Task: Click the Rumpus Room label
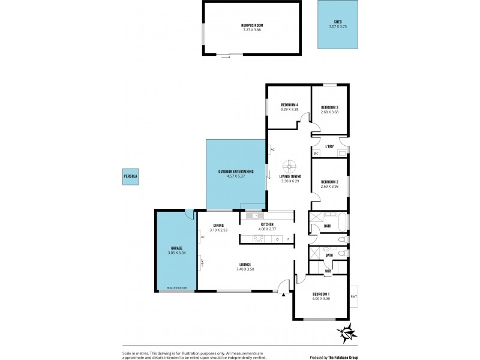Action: (251, 25)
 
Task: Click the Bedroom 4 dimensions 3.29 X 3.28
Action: (289, 109)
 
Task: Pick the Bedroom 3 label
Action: (330, 107)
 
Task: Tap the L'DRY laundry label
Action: (329, 146)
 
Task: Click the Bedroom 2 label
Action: (330, 182)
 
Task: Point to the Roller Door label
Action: (176, 288)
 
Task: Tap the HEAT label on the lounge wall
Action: (202, 262)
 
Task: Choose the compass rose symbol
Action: (346, 331)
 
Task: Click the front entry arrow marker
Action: (283, 293)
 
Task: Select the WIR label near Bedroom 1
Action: (328, 270)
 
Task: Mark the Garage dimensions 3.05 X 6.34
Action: (176, 253)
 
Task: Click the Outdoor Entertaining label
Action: (235, 172)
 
